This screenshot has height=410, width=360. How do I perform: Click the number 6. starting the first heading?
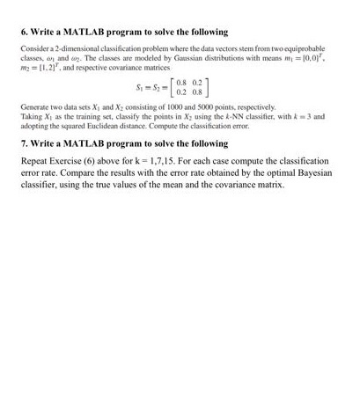tap(24, 32)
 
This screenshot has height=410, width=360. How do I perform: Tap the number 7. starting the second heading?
tap(24, 143)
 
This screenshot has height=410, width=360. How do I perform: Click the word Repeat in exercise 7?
tap(36, 162)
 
